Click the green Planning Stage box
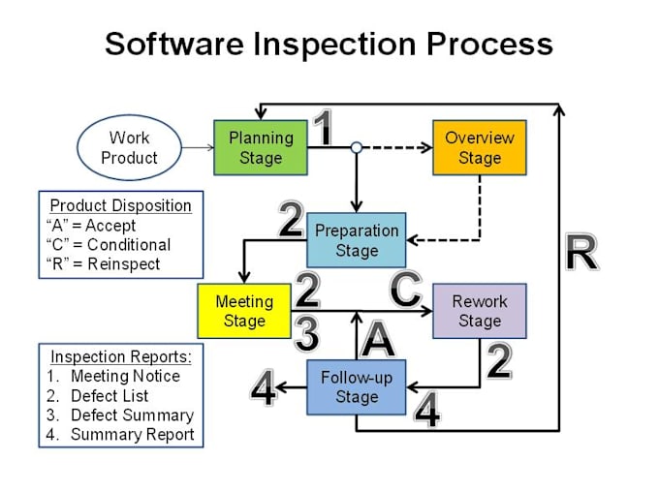[261, 147]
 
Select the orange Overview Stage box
[479, 147]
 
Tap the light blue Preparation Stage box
[357, 240]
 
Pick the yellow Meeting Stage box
[244, 311]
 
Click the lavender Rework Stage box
[479, 311]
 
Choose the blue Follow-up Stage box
[356, 387]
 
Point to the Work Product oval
[130, 148]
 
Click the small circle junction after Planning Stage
[356, 148]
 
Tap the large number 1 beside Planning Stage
[325, 129]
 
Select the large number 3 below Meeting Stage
[306, 335]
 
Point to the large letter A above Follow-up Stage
[378, 340]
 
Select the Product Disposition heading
[120, 205]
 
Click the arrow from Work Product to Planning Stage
[197, 148]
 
